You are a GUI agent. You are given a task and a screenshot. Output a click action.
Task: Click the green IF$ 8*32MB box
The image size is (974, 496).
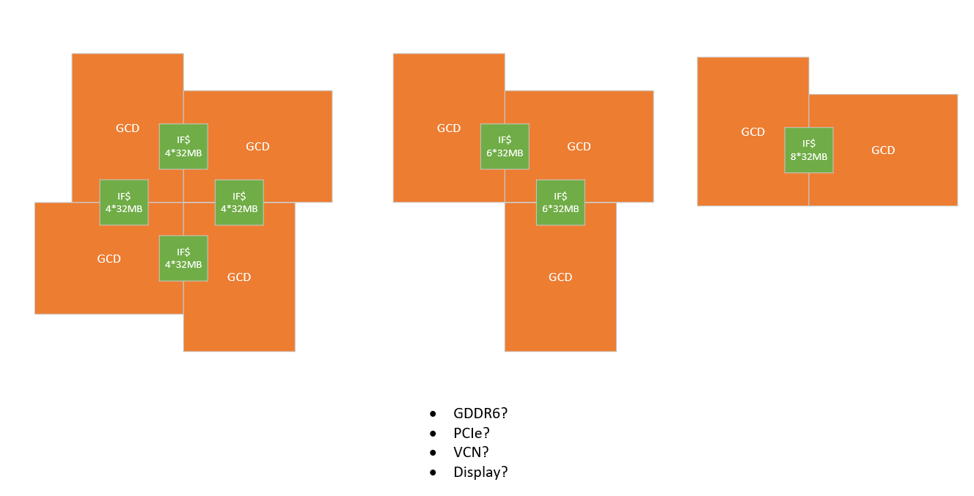pyautogui.click(x=808, y=150)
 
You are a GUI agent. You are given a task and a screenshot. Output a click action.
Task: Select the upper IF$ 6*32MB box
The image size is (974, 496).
pyautogui.click(x=505, y=146)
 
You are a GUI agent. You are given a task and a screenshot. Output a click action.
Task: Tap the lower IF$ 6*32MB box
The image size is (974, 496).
pyautogui.click(x=560, y=202)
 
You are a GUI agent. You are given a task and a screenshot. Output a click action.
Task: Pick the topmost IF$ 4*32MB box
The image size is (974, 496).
pyautogui.click(x=183, y=146)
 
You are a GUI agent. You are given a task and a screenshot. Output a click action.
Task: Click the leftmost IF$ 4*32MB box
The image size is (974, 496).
pyautogui.click(x=124, y=202)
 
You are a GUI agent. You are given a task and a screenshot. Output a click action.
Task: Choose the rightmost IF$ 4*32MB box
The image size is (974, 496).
pyautogui.click(x=239, y=202)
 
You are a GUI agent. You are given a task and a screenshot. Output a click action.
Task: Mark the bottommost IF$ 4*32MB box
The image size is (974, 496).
pyautogui.click(x=183, y=258)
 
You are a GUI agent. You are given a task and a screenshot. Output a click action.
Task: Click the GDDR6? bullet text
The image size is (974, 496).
pyautogui.click(x=480, y=413)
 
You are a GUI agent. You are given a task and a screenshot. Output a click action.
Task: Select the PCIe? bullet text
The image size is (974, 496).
pyautogui.click(x=472, y=433)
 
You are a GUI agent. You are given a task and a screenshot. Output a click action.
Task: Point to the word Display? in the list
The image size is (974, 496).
pyautogui.click(x=480, y=472)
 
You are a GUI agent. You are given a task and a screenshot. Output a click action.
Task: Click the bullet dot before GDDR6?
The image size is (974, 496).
pyautogui.click(x=434, y=414)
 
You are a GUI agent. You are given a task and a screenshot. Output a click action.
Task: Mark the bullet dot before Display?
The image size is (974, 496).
pyautogui.click(x=434, y=473)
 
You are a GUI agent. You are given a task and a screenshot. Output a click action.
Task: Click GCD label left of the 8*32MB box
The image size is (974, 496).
pyautogui.click(x=753, y=132)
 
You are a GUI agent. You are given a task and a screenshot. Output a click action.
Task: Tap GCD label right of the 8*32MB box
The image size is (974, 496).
pyautogui.click(x=883, y=150)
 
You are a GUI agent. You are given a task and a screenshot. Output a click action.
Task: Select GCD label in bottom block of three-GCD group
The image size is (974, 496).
pyautogui.click(x=560, y=277)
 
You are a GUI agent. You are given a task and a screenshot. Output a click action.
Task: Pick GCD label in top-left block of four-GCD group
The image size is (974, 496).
pyautogui.click(x=128, y=128)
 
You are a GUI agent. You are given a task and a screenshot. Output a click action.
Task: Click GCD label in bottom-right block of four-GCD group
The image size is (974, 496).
pyautogui.click(x=239, y=277)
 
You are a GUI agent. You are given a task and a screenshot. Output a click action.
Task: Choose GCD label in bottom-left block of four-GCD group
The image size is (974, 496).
pyautogui.click(x=109, y=258)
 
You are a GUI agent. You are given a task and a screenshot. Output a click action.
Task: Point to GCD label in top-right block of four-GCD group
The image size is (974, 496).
pyautogui.click(x=257, y=146)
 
